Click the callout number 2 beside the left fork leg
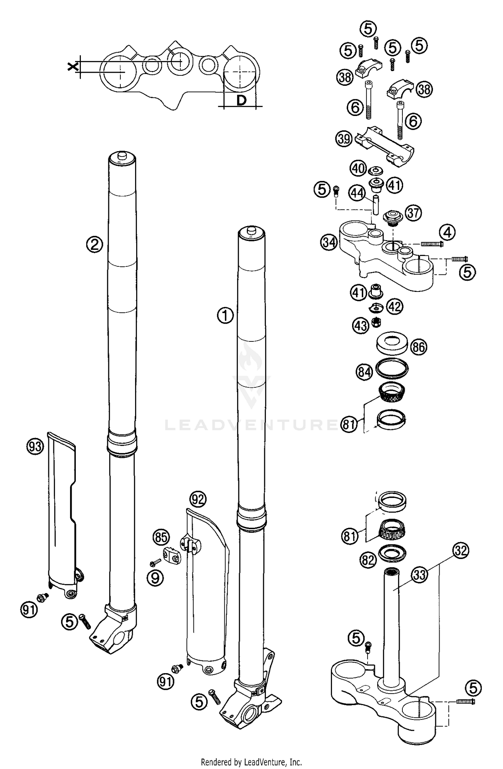pyautogui.click(x=95, y=245)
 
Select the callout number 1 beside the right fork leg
pyautogui.click(x=225, y=315)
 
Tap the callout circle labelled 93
pyautogui.click(x=35, y=446)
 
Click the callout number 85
pyautogui.click(x=161, y=537)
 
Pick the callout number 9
pyautogui.click(x=155, y=578)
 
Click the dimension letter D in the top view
pyautogui.click(x=241, y=100)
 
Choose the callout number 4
pyautogui.click(x=448, y=232)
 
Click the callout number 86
pyautogui.click(x=419, y=346)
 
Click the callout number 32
pyautogui.click(x=461, y=551)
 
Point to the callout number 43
pyautogui.click(x=360, y=325)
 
